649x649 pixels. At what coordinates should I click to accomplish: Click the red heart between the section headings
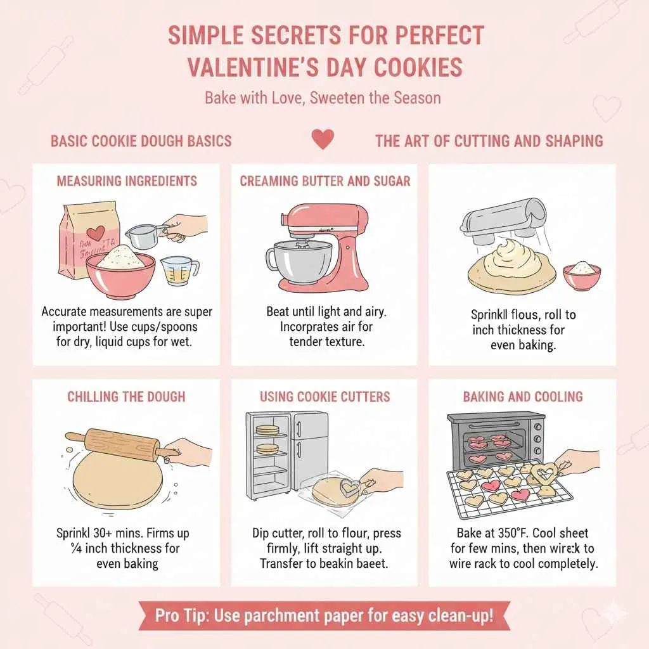click(323, 139)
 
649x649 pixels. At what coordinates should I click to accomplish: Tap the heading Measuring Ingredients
click(127, 181)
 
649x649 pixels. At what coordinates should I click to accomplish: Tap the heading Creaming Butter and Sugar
click(324, 181)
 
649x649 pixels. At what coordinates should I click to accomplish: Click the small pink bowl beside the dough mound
click(581, 275)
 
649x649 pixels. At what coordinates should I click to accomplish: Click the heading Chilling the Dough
click(127, 397)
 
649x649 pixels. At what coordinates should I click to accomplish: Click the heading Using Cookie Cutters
click(324, 397)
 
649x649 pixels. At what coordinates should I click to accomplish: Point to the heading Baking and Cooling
click(522, 397)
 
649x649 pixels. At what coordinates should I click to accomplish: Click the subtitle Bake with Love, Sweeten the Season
click(323, 98)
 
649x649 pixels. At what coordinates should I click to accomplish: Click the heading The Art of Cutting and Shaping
click(489, 141)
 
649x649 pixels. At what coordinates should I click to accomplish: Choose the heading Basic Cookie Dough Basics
click(141, 141)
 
